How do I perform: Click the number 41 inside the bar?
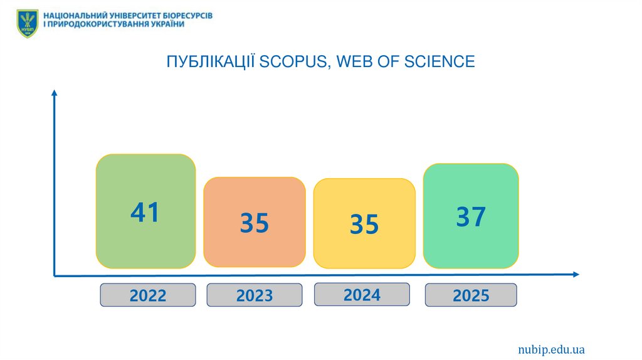(x=145, y=213)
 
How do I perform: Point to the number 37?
(x=471, y=217)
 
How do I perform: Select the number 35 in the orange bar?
(x=255, y=223)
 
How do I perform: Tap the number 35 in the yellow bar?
(x=364, y=224)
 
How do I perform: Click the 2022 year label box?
(x=148, y=295)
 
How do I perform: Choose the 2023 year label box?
(x=255, y=295)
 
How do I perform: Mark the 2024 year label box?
(x=362, y=294)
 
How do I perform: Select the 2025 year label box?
(x=471, y=295)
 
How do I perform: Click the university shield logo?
(x=28, y=23)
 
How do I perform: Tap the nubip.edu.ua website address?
(x=551, y=349)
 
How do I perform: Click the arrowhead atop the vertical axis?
(x=55, y=93)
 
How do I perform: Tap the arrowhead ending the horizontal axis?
(x=575, y=274)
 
